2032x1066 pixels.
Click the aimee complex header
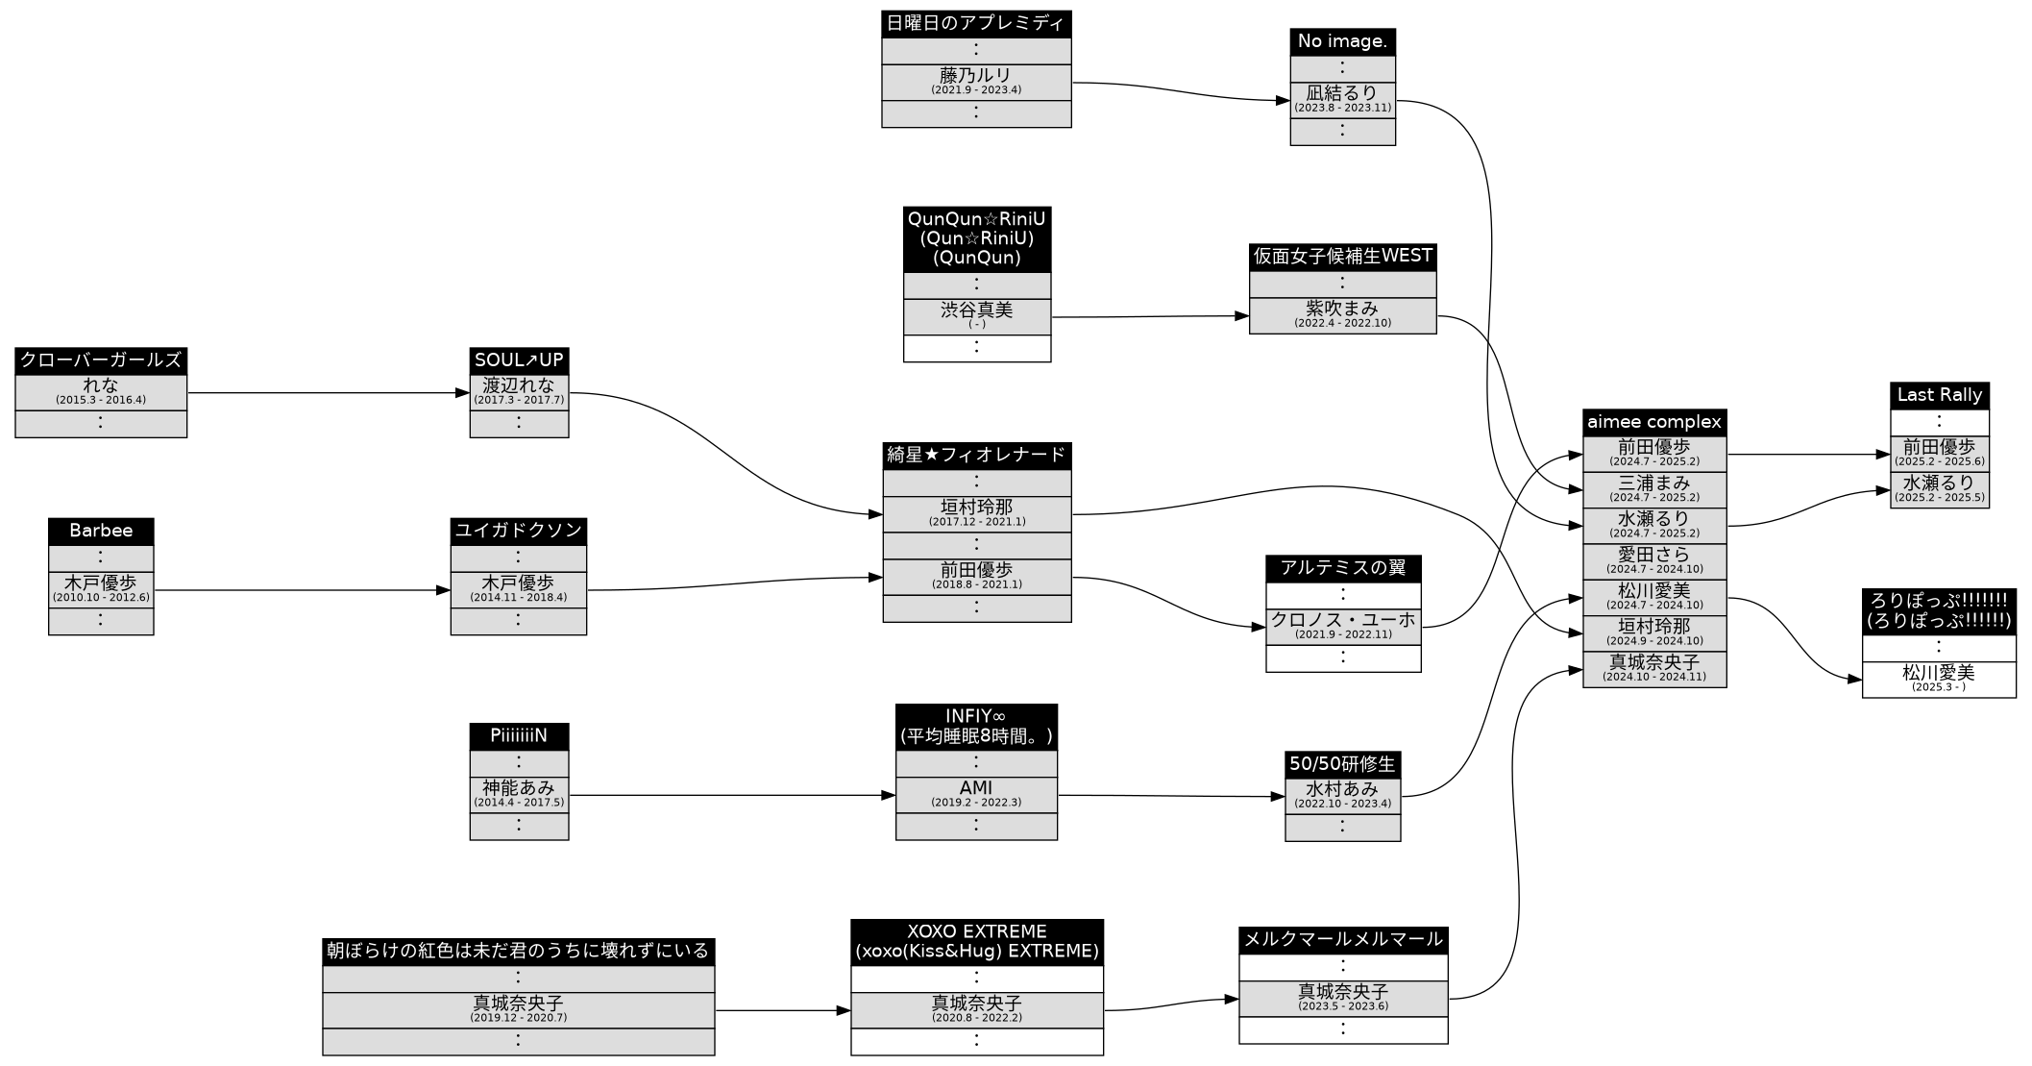(1653, 422)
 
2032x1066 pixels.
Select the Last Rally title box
(1939, 395)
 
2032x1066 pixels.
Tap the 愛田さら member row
(1653, 560)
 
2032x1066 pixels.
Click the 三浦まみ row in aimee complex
(1653, 488)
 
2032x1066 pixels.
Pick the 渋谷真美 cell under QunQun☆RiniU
(976, 315)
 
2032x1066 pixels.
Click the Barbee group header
(101, 531)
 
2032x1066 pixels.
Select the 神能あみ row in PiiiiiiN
(519, 794)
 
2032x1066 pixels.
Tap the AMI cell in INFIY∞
(976, 794)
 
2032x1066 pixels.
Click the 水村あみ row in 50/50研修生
(1342, 795)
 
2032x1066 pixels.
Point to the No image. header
(1342, 41)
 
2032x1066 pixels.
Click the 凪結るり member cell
(1342, 98)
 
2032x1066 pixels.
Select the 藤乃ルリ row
(976, 81)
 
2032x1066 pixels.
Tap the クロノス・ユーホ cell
(1342, 626)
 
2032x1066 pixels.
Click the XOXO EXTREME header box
(976, 942)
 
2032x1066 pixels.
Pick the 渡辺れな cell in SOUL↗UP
(519, 391)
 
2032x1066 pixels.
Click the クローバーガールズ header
(101, 360)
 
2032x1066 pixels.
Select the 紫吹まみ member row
(1342, 314)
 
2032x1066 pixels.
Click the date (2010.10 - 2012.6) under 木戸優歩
(101, 598)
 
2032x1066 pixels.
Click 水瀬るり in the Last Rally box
(1939, 488)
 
